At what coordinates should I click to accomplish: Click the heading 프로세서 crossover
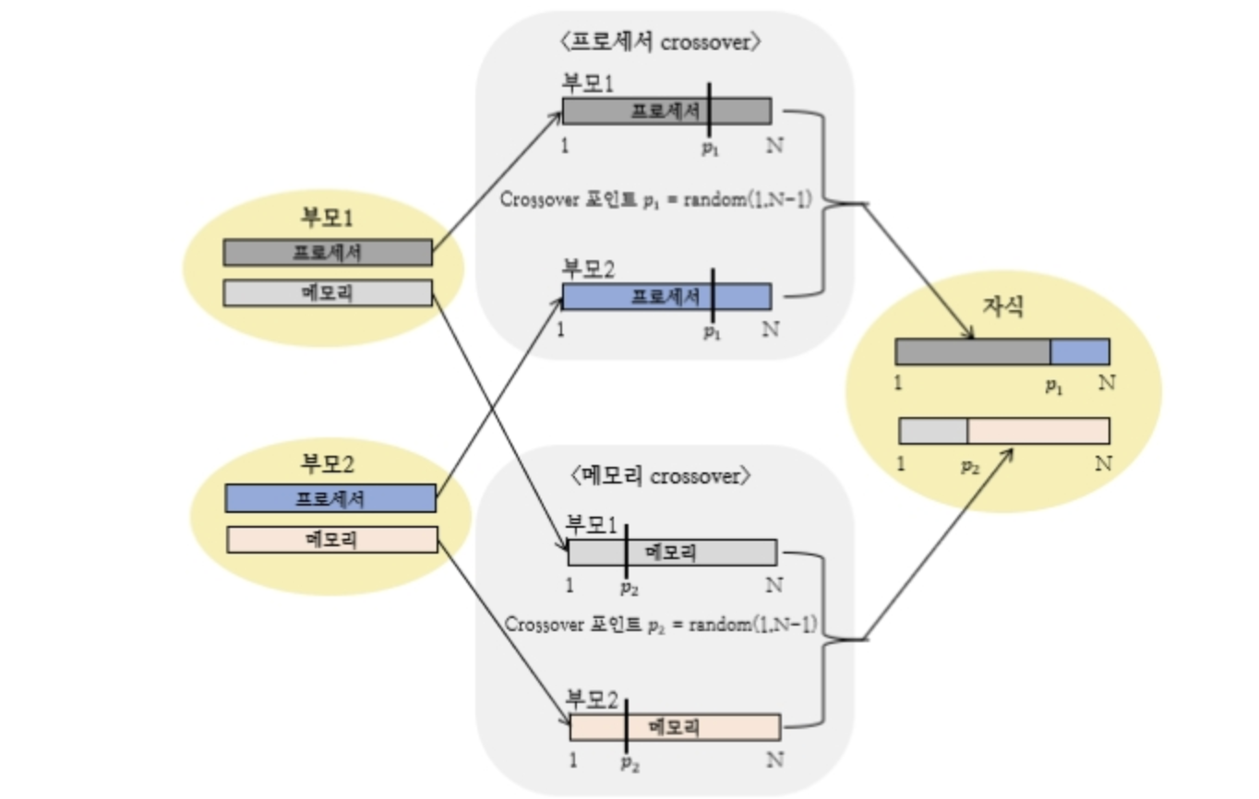tap(664, 43)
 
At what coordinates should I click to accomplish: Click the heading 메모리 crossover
tap(663, 476)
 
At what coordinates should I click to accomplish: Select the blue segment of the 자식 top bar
tap(1079, 352)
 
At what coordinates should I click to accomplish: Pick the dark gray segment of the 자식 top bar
tap(972, 352)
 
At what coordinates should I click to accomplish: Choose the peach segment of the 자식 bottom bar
tap(1037, 431)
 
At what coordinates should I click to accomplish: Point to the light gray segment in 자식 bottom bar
tap(933, 431)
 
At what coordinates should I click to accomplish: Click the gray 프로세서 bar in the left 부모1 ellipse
tap(328, 252)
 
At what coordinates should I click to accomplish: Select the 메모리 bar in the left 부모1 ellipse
tap(328, 292)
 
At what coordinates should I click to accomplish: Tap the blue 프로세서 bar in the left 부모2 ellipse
tap(330, 498)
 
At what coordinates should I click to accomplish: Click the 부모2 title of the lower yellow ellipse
tap(330, 464)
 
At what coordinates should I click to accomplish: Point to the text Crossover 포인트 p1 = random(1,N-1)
tap(655, 198)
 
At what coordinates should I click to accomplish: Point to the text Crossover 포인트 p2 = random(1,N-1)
tap(661, 624)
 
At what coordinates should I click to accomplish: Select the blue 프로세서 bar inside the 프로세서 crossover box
tap(666, 296)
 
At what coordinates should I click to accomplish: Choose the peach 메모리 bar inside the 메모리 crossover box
tap(675, 727)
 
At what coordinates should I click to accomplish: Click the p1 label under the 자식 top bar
tap(1054, 388)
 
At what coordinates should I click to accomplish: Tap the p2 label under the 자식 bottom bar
tap(969, 466)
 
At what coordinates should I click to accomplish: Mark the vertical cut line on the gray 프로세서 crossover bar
tap(709, 110)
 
